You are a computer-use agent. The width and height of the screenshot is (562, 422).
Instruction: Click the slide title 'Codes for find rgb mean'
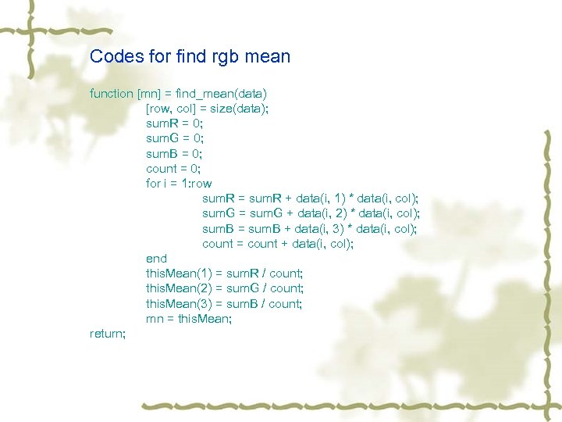tap(190, 56)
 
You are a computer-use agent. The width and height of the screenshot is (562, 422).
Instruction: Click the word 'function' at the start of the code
tap(112, 94)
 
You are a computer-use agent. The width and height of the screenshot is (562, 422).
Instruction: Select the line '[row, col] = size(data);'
tap(207, 109)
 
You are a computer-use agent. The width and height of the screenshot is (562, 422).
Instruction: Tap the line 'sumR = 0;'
tap(174, 123)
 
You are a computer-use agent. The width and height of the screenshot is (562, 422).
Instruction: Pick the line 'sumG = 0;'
tap(174, 138)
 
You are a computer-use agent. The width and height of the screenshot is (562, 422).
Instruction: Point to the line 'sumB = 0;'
tap(174, 153)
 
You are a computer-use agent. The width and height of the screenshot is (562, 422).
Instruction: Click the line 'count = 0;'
tap(173, 168)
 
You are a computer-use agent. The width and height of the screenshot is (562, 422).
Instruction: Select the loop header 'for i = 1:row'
tap(179, 184)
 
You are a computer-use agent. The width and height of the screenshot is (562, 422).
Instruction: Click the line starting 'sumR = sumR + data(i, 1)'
tap(310, 198)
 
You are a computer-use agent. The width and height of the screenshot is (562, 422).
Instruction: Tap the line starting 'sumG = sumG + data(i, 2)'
tap(311, 213)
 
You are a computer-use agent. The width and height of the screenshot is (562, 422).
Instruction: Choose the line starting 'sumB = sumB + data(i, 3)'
tap(310, 228)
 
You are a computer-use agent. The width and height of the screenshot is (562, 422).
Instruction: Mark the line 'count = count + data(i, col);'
tap(278, 244)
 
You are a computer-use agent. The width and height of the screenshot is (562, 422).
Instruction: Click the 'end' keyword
tap(156, 259)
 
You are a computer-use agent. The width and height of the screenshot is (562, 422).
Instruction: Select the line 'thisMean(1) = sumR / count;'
tap(224, 274)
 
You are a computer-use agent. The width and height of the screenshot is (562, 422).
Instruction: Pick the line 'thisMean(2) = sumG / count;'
tap(225, 288)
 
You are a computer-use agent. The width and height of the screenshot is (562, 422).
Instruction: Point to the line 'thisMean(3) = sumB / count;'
tap(224, 303)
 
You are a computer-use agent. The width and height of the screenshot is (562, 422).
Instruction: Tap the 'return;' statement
tap(108, 334)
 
